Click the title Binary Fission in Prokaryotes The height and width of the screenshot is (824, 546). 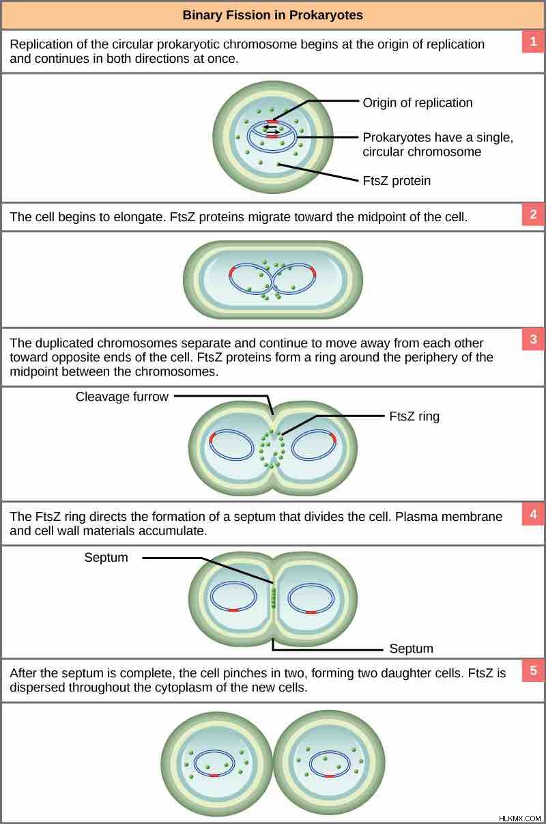click(272, 15)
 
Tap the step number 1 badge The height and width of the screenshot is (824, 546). click(533, 42)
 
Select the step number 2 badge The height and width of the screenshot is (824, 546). click(533, 214)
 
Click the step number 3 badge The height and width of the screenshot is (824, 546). click(533, 339)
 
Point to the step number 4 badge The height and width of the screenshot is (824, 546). click(533, 514)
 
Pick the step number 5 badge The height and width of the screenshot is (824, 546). click(533, 670)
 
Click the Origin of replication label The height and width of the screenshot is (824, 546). click(417, 103)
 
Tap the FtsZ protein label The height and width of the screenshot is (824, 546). click(397, 181)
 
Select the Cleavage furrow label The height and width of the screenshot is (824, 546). click(121, 397)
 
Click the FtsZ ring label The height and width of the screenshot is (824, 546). click(414, 416)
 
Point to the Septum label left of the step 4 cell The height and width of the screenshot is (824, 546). click(106, 557)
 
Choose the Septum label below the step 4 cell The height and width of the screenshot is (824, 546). click(411, 649)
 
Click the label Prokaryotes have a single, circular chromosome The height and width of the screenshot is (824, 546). click(437, 145)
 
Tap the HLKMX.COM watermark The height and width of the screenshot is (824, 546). click(520, 818)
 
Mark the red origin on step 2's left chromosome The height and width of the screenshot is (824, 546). click(232, 273)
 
